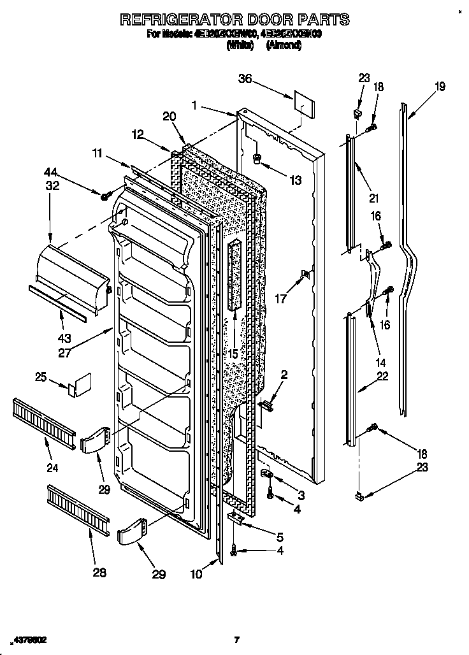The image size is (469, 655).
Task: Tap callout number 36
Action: tap(245, 80)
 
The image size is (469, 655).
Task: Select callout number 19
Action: tap(440, 87)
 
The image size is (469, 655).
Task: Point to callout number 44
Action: tap(50, 171)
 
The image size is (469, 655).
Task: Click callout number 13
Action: tap(294, 181)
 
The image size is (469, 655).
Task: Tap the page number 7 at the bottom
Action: tap(236, 639)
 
